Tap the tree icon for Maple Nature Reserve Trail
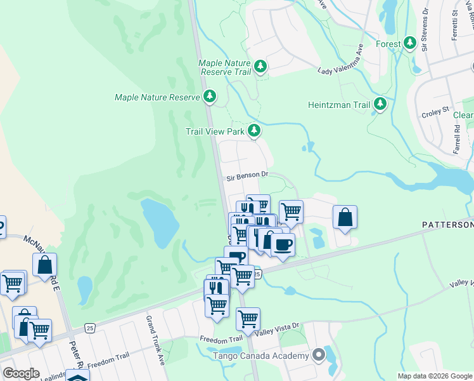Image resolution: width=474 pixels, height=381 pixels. click(x=260, y=66)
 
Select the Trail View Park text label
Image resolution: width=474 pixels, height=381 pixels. click(x=215, y=131)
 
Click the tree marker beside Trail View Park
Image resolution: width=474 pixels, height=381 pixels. click(x=254, y=130)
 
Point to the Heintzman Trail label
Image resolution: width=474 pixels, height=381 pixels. click(x=338, y=105)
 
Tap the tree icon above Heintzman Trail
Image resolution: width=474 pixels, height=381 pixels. click(x=380, y=104)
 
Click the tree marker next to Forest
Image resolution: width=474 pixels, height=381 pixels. click(x=410, y=43)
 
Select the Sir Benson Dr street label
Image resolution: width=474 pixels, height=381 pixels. click(x=248, y=173)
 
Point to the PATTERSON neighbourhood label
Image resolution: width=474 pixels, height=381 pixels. click(x=447, y=225)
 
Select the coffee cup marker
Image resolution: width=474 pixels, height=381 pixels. click(x=283, y=244)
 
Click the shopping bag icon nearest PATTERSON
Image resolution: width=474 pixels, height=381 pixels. click(x=344, y=217)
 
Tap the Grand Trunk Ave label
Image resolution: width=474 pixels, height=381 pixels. click(x=156, y=331)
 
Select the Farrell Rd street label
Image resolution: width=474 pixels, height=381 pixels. click(x=456, y=137)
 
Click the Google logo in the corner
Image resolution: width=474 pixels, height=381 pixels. click(x=21, y=373)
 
